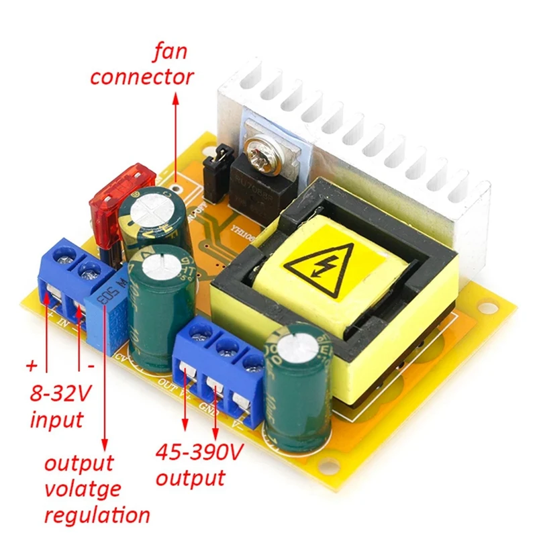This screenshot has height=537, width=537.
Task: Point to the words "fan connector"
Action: (142, 64)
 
